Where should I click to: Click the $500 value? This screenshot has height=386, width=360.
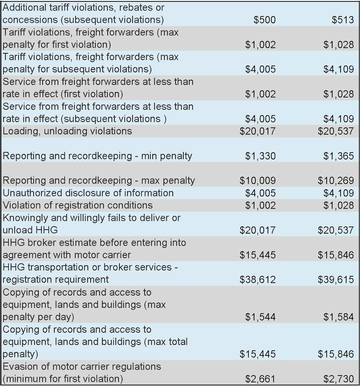265,20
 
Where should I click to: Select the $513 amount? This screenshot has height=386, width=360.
343,20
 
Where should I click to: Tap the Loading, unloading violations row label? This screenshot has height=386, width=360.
67,131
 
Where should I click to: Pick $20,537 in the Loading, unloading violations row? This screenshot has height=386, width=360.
336,131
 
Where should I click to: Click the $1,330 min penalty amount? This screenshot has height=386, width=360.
260,156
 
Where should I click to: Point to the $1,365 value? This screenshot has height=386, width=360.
338,156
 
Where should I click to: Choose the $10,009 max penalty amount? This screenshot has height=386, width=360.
257,181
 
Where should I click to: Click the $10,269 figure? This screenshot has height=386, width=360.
336,181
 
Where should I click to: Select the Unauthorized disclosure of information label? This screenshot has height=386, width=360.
88,193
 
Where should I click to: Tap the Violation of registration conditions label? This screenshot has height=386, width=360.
77,205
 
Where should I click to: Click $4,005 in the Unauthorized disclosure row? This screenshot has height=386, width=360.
260,193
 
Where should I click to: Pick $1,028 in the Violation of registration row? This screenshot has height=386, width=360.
338,205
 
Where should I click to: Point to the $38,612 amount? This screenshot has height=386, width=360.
257,280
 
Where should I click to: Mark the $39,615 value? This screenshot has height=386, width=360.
336,280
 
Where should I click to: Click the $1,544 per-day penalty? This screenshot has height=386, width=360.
260,317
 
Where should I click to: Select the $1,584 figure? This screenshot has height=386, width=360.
338,317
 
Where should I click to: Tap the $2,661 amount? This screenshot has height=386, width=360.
260,379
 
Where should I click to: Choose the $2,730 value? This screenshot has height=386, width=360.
338,379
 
